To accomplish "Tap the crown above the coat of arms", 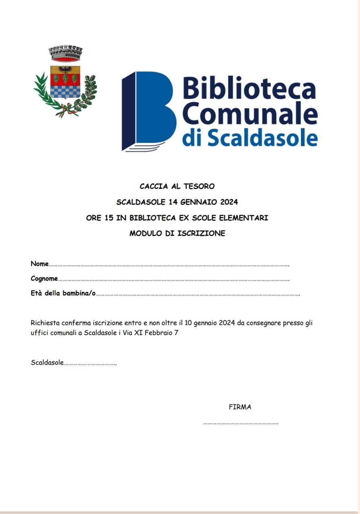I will (65, 54).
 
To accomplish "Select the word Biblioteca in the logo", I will (249, 88).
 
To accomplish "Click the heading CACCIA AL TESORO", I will (177, 186).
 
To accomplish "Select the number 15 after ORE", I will (109, 218).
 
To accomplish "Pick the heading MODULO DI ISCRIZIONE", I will (177, 233).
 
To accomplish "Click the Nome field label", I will (40, 264).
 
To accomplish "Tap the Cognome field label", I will (44, 278).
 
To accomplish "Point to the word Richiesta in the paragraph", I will (45, 323).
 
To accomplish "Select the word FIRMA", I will (240, 407).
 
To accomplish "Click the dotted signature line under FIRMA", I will (241, 423).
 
